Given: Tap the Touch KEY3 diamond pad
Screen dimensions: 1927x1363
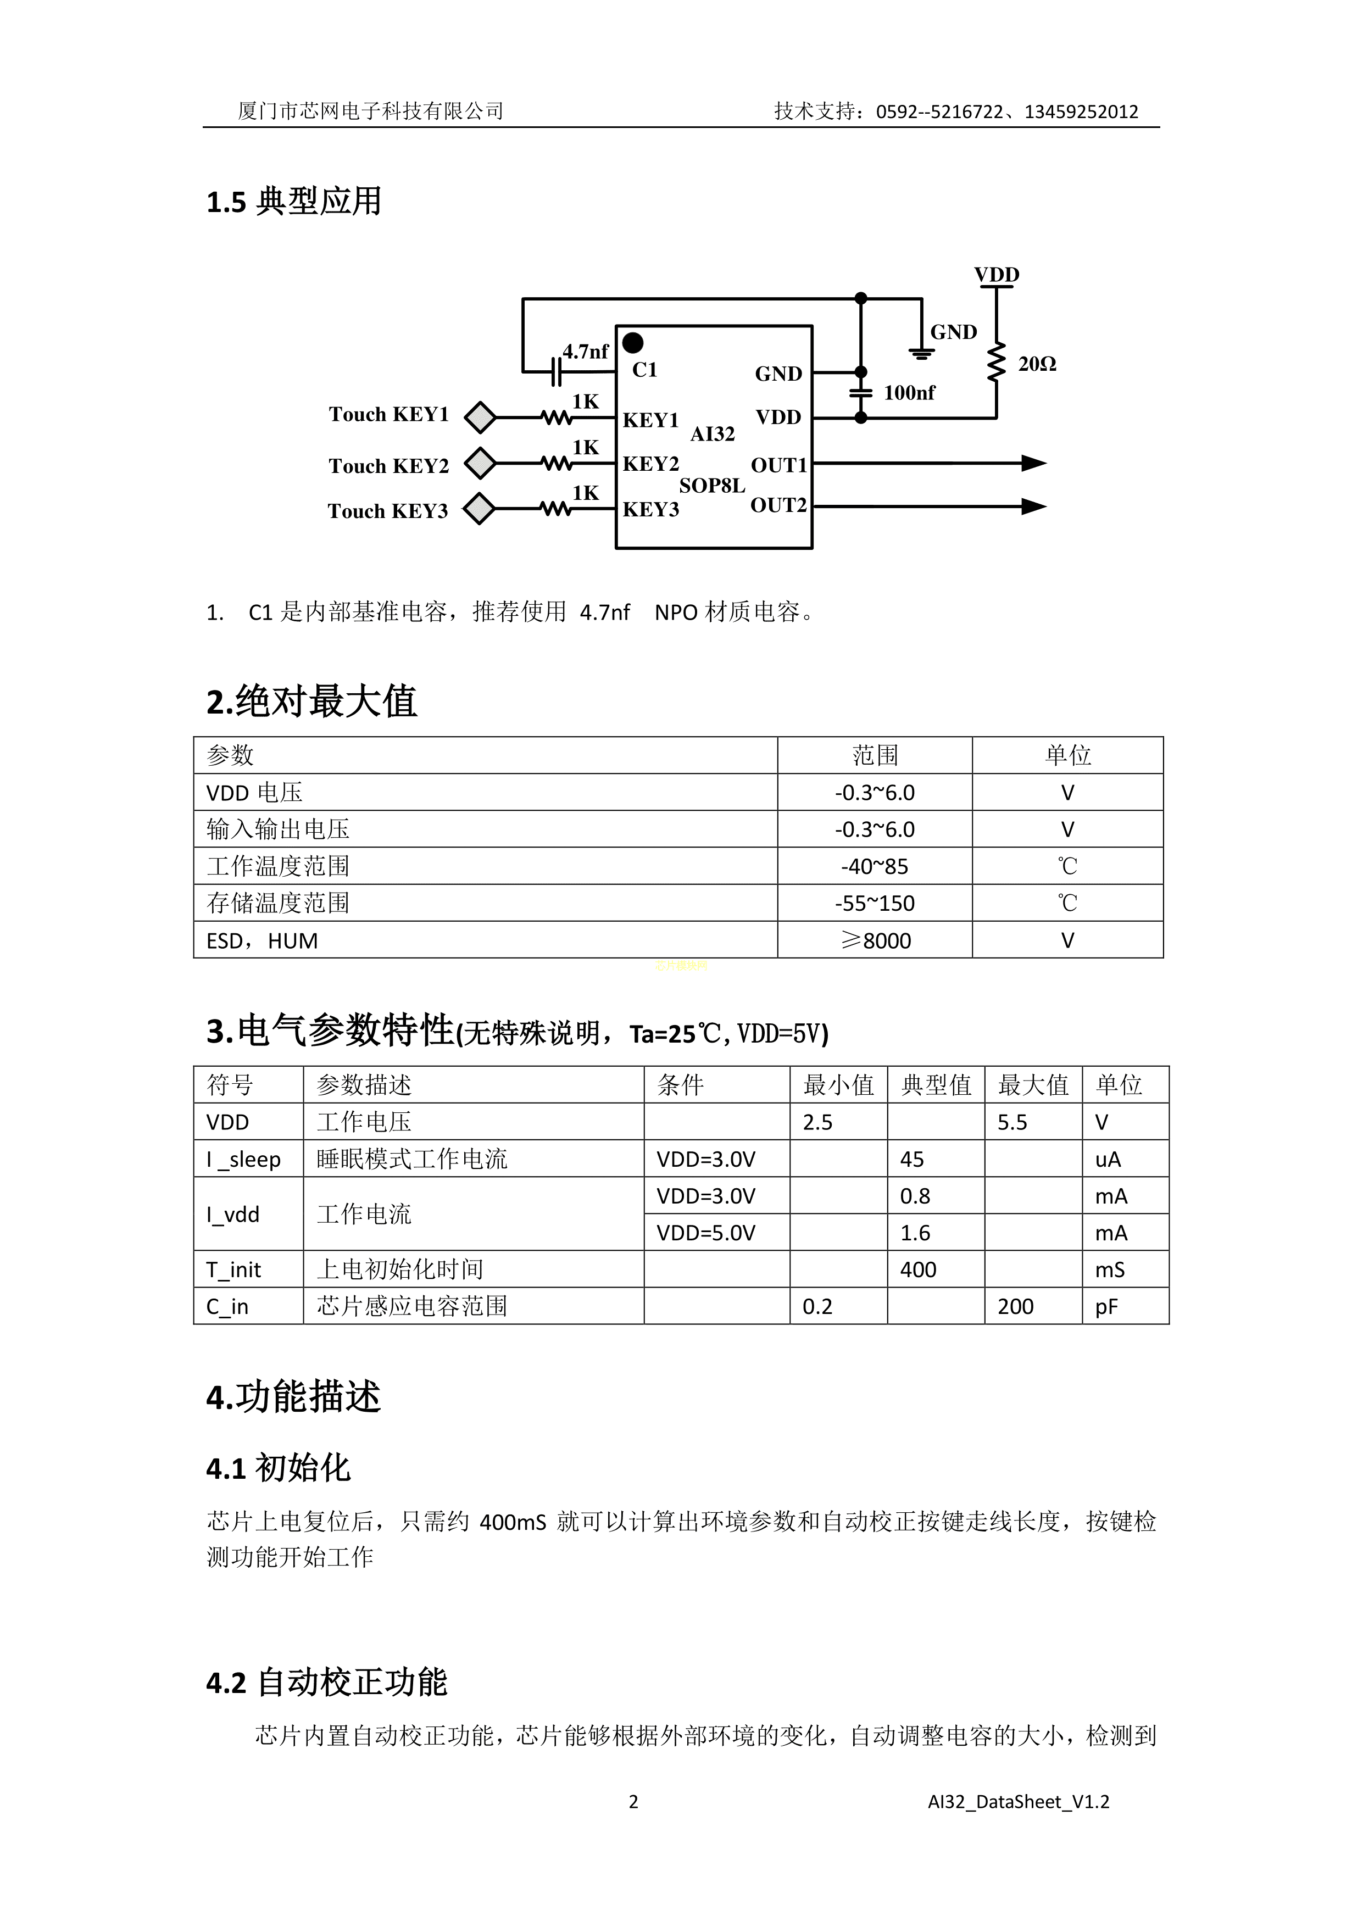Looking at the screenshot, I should click(479, 509).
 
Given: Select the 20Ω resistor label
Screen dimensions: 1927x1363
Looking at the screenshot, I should click(1037, 364).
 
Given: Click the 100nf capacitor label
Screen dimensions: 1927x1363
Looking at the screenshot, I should click(909, 393).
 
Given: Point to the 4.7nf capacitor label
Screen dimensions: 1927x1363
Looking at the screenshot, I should click(585, 352).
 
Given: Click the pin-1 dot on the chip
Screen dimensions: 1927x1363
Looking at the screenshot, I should click(633, 342).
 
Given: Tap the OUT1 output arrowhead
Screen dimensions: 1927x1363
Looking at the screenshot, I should click(1034, 463).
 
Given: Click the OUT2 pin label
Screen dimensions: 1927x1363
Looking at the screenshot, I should click(778, 505).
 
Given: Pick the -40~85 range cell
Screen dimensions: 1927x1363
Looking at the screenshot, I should click(875, 866).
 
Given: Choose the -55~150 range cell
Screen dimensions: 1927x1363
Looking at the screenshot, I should click(875, 903).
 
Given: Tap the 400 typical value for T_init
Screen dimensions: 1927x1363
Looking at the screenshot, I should click(918, 1270).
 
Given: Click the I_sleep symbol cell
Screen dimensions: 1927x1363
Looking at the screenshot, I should click(243, 1159).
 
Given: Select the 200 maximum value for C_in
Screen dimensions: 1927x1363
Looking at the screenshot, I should click(1016, 1307).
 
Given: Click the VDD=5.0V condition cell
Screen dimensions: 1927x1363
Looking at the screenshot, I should click(706, 1233).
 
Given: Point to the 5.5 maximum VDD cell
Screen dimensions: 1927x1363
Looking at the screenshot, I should click(1012, 1122).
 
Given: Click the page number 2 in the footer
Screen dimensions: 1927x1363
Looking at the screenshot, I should click(633, 1802).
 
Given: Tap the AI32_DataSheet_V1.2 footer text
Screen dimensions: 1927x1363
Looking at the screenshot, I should click(1018, 1802).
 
